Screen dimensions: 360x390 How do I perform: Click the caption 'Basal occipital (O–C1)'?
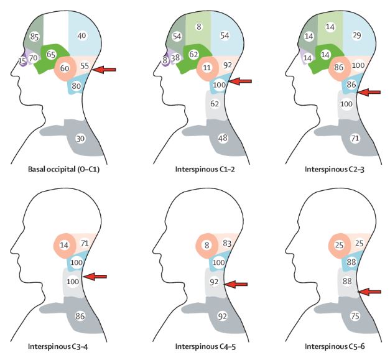pyautogui.click(x=65, y=168)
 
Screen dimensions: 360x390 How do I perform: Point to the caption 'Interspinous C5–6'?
pyautogui.click(x=332, y=346)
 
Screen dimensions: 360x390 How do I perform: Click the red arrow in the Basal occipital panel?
pyautogui.click(x=103, y=70)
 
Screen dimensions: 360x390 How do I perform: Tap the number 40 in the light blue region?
pyautogui.click(x=81, y=36)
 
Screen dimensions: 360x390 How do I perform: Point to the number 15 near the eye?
pyautogui.click(x=23, y=61)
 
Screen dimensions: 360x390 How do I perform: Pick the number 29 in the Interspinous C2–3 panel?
pyautogui.click(x=358, y=37)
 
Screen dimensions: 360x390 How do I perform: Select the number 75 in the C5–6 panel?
pyautogui.click(x=355, y=315)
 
